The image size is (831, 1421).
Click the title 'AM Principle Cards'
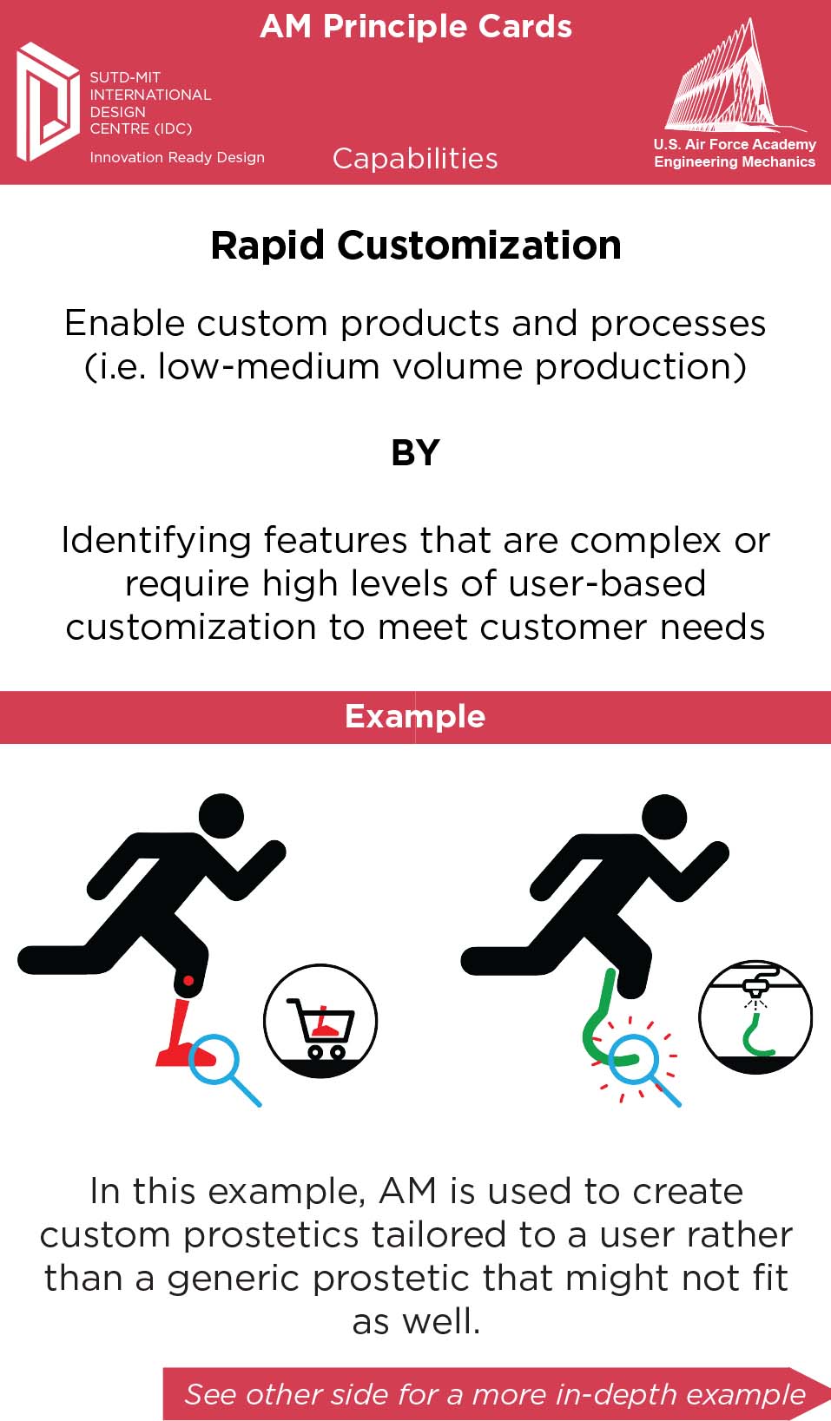(x=415, y=27)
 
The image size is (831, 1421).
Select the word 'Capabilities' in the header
(x=415, y=159)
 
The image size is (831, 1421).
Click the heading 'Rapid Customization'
(x=415, y=246)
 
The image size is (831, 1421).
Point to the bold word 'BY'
(x=415, y=453)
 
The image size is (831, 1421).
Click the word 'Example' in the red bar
(x=415, y=716)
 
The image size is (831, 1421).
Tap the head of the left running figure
(x=221, y=816)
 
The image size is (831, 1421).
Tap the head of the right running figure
(x=664, y=817)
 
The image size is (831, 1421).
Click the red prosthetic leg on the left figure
(x=180, y=1033)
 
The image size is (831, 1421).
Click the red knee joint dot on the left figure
(x=188, y=980)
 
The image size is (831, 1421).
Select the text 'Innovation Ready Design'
(x=177, y=157)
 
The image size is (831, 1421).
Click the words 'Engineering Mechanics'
(x=735, y=161)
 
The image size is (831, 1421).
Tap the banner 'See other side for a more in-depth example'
(x=495, y=1394)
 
